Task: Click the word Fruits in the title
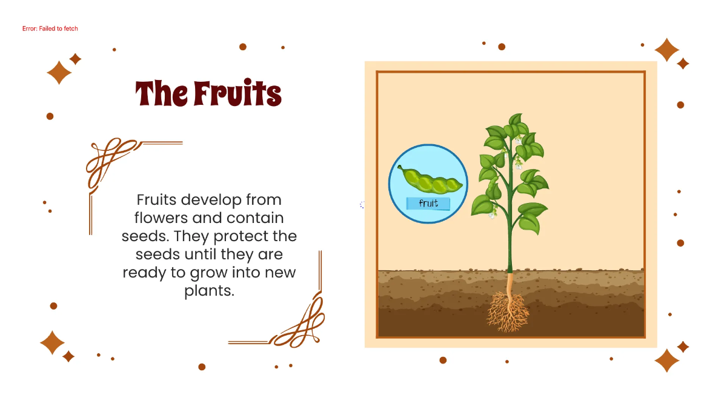(x=237, y=94)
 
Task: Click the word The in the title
(x=161, y=94)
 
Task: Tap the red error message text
(x=50, y=28)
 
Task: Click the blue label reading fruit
(x=428, y=204)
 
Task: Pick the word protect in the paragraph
(x=235, y=236)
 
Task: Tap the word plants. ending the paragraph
(x=209, y=290)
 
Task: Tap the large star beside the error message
(x=59, y=73)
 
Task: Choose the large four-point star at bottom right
(x=666, y=360)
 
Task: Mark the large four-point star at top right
(x=667, y=50)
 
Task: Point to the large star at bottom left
(x=52, y=342)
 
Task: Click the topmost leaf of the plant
(x=516, y=119)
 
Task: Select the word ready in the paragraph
(x=141, y=272)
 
